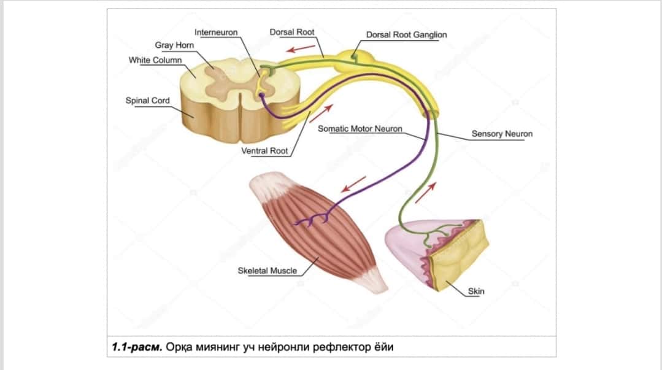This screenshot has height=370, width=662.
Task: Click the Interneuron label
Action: [216, 33]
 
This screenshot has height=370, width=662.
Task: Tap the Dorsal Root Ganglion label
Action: [406, 34]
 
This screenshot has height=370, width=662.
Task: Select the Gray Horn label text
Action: [174, 45]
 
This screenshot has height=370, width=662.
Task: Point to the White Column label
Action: [155, 60]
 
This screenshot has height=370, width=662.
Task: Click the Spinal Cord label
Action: [147, 101]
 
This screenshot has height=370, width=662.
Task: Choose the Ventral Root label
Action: [264, 151]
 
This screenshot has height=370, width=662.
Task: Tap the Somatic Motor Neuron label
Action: [360, 128]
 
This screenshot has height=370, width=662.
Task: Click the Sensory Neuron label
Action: [502, 134]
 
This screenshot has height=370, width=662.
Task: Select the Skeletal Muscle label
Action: [267, 271]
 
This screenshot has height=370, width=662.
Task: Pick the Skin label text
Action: [476, 291]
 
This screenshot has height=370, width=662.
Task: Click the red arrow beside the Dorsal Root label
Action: [301, 48]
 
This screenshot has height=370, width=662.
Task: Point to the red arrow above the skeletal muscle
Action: [353, 184]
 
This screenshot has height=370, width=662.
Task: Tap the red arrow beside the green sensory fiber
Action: [425, 193]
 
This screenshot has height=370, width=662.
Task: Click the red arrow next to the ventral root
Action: [321, 114]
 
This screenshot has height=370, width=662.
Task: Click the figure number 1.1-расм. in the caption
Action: [137, 347]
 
